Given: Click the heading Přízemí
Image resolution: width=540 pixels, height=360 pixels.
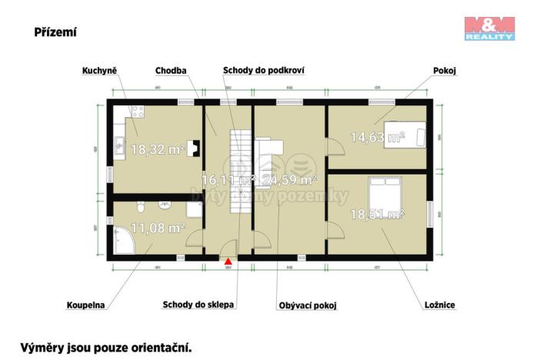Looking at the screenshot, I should click(x=55, y=32).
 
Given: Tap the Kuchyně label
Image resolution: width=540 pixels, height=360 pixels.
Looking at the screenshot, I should click(x=99, y=71).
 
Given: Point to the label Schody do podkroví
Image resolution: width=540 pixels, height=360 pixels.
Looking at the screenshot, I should click(x=264, y=71).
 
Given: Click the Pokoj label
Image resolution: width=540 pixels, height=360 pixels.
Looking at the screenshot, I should click(x=445, y=71).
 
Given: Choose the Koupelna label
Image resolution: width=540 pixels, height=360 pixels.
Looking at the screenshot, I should click(x=85, y=305).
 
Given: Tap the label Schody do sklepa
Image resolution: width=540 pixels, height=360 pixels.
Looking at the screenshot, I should click(x=198, y=305).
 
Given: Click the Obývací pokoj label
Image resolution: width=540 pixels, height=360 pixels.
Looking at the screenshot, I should click(x=308, y=305).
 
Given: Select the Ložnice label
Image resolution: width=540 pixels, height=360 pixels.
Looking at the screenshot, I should click(x=438, y=305).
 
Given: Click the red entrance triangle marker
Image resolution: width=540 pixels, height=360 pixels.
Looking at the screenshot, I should click(x=228, y=262).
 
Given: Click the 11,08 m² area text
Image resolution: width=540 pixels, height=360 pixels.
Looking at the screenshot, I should click(x=157, y=228).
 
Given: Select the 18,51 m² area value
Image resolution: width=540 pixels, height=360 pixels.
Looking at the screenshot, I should click(x=377, y=213).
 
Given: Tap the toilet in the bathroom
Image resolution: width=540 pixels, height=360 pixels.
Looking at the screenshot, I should click(x=139, y=207).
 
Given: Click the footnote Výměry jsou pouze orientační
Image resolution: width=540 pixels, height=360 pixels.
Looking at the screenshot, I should click(x=105, y=348).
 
